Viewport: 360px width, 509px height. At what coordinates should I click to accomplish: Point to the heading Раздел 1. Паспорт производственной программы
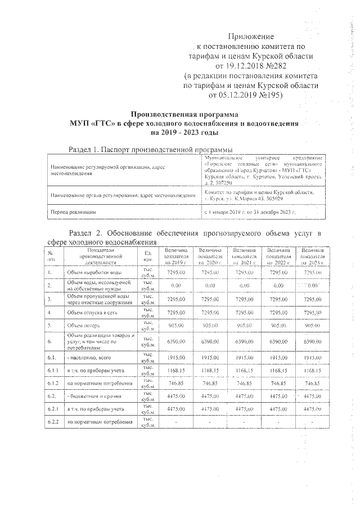pos(150,150)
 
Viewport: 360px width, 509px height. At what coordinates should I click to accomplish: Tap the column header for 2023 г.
pos(315,255)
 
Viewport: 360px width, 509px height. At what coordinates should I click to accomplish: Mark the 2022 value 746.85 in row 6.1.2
pos(280,384)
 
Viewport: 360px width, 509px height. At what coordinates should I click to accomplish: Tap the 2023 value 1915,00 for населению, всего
pos(315,357)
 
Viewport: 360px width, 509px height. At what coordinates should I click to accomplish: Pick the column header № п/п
pos(50,255)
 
